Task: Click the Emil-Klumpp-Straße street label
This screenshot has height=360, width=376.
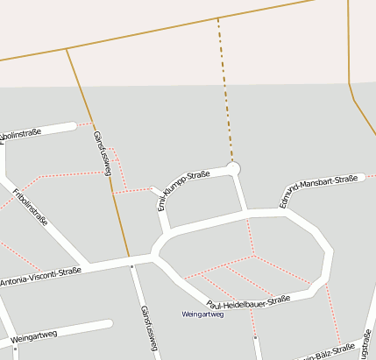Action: tap(183, 190)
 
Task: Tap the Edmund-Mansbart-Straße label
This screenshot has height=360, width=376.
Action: tap(321, 190)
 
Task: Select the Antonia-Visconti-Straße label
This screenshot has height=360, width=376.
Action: tap(40, 277)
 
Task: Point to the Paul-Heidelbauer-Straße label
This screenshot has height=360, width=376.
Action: tap(248, 302)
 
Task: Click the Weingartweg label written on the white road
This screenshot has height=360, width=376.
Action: tap(34, 335)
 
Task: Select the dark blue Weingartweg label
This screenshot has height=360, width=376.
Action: tap(202, 314)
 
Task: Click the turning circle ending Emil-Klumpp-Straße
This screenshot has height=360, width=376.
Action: tap(233, 166)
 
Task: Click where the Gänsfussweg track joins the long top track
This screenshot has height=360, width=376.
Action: tap(67, 49)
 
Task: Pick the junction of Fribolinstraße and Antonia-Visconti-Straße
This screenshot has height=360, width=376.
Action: tap(89, 263)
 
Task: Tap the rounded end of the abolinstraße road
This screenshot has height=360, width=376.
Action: tap(74, 128)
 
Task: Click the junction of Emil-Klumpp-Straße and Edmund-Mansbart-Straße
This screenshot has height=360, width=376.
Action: tap(245, 213)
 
